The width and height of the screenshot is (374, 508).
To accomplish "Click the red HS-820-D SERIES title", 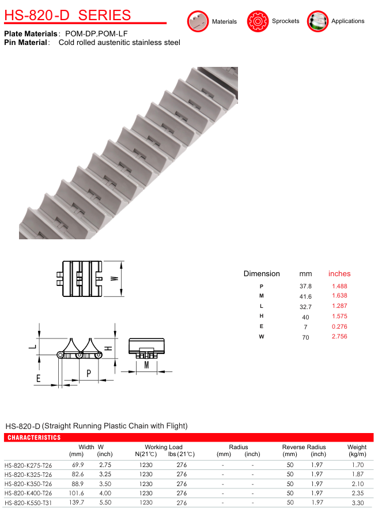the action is click(x=67, y=15).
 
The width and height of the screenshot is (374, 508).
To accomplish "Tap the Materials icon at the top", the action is click(x=198, y=21).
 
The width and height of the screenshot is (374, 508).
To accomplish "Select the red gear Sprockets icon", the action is click(x=258, y=21).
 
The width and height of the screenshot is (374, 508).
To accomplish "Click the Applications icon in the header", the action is click(x=318, y=21).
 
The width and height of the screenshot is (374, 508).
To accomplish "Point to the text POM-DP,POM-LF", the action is click(x=96, y=33).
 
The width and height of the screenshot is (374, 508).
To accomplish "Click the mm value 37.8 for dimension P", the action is click(x=305, y=287).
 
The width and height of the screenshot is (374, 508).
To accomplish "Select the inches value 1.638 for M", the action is click(x=339, y=295).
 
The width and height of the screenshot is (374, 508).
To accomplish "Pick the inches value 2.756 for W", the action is click(x=339, y=336).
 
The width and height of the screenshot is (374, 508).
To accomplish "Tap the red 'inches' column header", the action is click(x=339, y=274).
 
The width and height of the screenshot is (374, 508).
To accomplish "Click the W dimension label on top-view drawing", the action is click(x=114, y=279).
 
